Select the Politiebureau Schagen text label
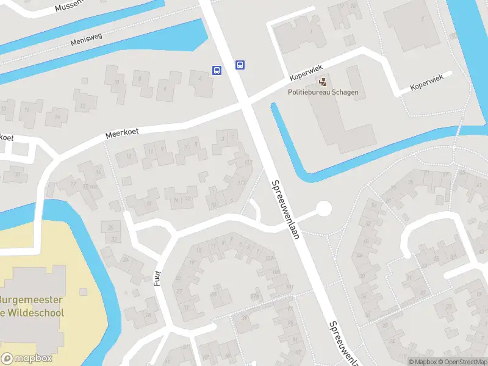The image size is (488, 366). [x=323, y=93]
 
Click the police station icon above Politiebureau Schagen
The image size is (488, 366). [x=323, y=81]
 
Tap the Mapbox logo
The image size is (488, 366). [x=27, y=359]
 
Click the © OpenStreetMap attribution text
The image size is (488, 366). [x=461, y=362]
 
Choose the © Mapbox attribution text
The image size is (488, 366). [x=422, y=362]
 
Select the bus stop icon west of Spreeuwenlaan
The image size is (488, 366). [x=217, y=70]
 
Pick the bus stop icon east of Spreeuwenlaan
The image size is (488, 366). [x=240, y=65]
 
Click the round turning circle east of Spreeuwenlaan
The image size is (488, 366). [x=323, y=209]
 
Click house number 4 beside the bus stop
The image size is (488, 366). [x=200, y=77]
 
